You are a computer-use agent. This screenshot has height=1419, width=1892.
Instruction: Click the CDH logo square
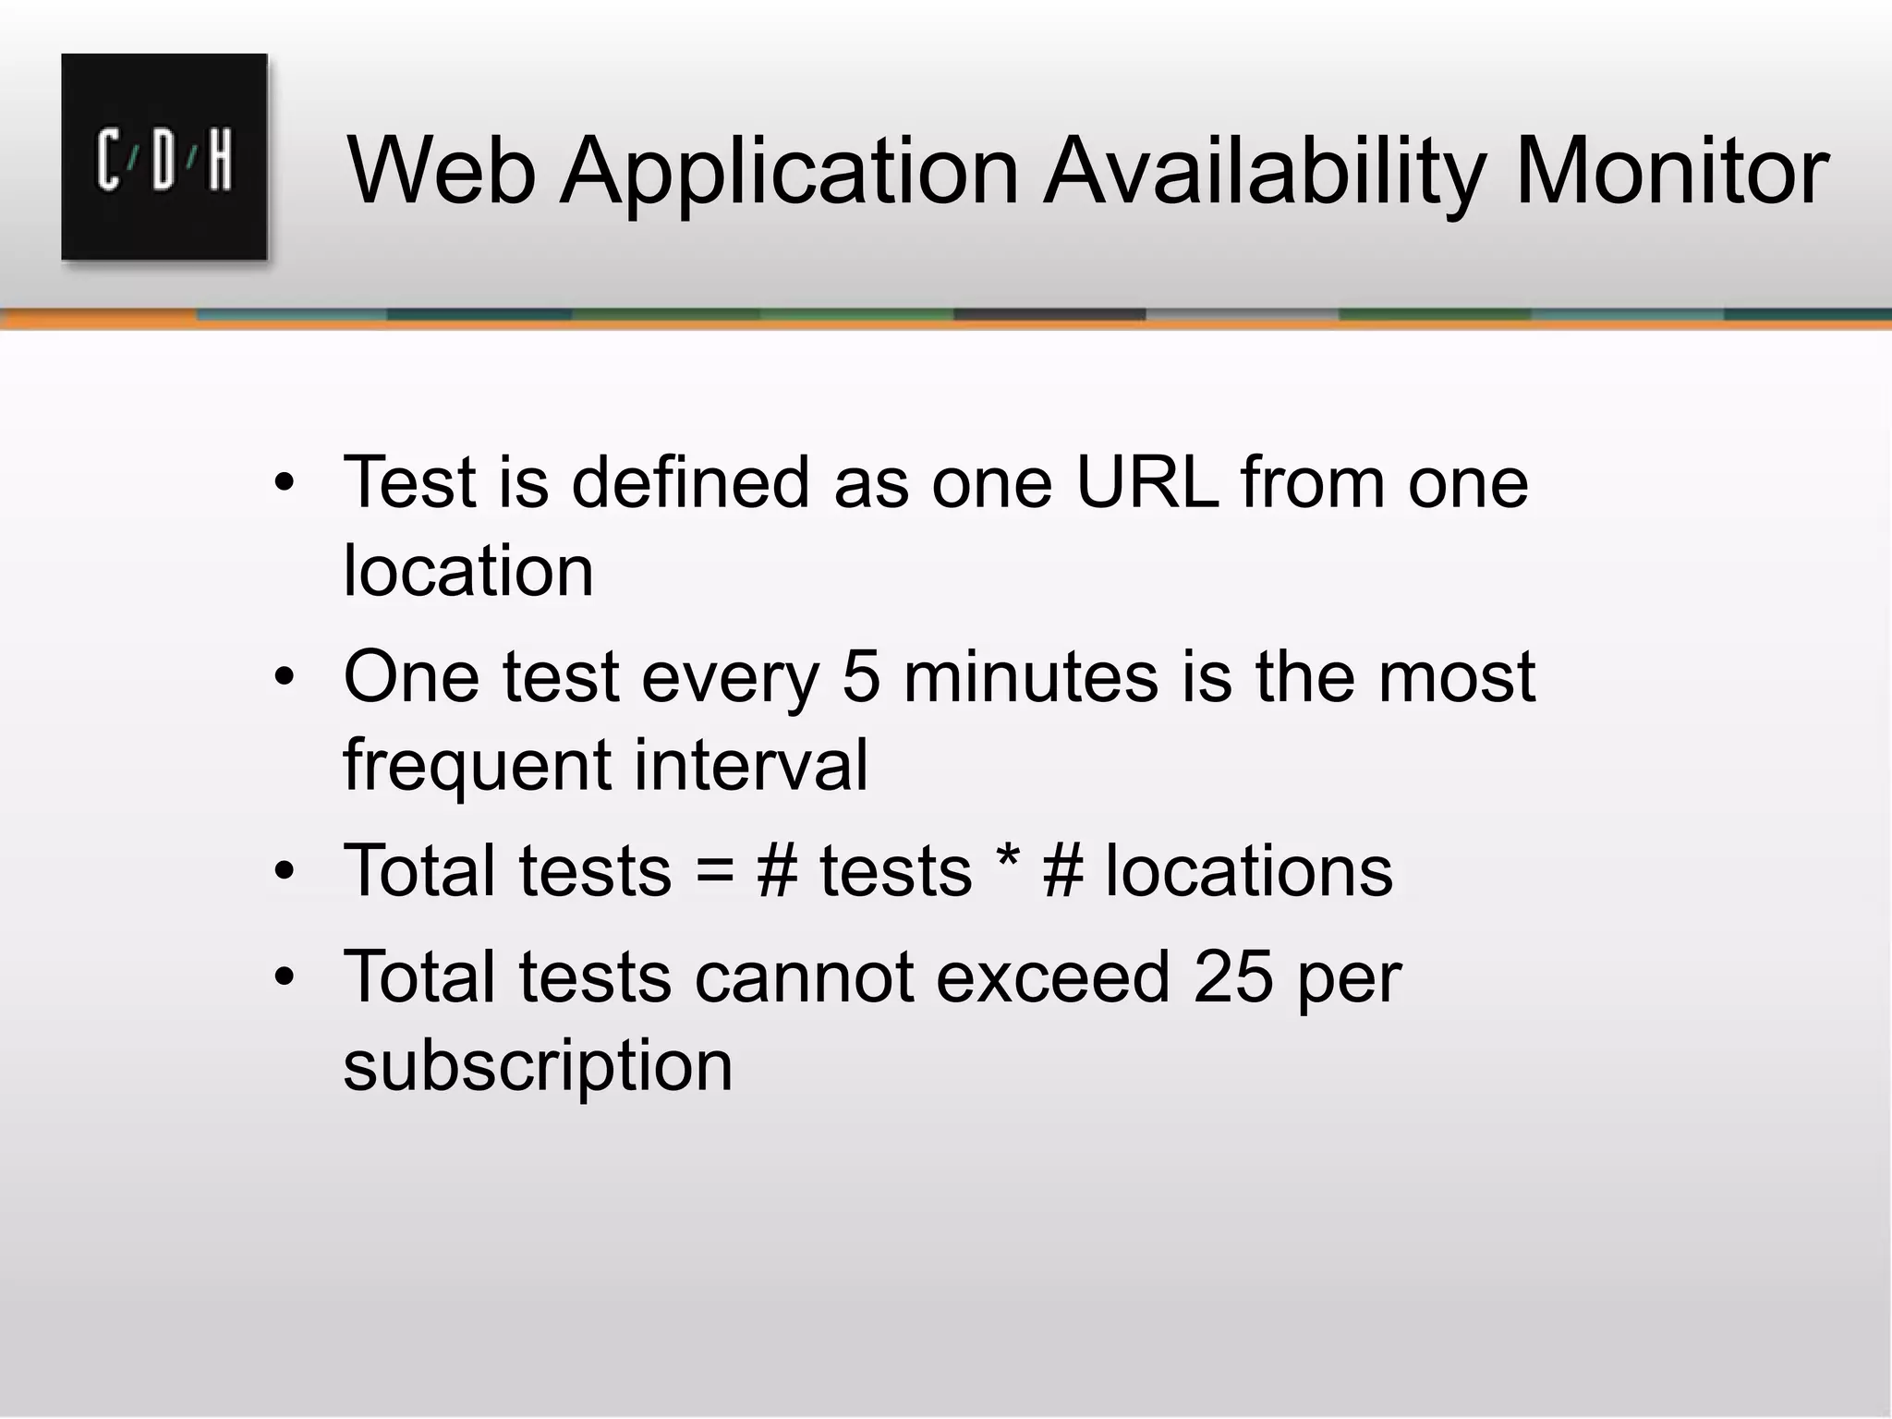click(164, 157)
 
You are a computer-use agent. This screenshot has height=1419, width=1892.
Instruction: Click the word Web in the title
click(442, 171)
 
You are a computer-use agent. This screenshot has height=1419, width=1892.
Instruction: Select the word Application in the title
click(790, 171)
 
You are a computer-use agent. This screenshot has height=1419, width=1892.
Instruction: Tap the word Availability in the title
click(1265, 171)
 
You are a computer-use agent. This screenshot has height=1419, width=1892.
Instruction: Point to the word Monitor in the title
click(1671, 171)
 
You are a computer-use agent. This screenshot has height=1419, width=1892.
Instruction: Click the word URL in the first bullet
click(1146, 482)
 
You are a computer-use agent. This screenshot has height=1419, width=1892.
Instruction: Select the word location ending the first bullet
click(468, 571)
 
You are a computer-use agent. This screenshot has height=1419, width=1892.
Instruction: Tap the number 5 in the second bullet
click(861, 676)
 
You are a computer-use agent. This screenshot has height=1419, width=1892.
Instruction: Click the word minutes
click(1030, 676)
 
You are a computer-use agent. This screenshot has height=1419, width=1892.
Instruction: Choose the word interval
click(750, 765)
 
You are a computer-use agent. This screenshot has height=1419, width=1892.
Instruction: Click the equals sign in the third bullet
click(714, 871)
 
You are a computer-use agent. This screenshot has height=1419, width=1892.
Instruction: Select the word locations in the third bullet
click(1249, 871)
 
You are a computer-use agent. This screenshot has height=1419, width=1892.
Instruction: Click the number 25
click(1233, 977)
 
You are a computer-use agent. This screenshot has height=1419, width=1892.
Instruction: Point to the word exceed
click(1052, 977)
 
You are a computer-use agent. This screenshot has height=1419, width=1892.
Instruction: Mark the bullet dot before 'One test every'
click(284, 678)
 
